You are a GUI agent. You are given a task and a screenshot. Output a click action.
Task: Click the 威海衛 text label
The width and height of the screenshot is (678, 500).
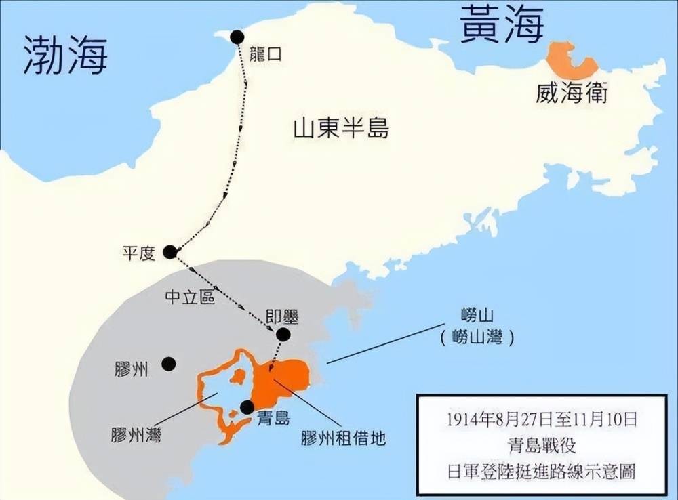(572, 93)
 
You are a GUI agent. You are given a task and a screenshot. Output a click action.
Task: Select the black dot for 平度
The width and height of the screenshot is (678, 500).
(170, 252)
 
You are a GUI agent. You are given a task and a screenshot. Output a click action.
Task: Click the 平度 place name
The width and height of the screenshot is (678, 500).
(139, 253)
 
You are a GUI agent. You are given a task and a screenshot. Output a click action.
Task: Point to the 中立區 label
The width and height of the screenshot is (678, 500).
(190, 296)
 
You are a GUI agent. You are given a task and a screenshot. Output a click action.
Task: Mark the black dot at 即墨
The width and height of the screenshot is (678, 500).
(283, 334)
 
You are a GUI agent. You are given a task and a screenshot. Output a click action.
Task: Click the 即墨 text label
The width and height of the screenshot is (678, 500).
(282, 316)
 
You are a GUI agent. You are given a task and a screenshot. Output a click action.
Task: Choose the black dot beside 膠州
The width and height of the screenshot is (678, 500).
(169, 364)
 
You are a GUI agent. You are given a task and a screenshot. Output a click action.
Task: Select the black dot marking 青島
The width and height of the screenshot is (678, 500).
(247, 407)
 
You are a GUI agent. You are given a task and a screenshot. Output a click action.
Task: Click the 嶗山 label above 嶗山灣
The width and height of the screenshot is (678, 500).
(475, 316)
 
